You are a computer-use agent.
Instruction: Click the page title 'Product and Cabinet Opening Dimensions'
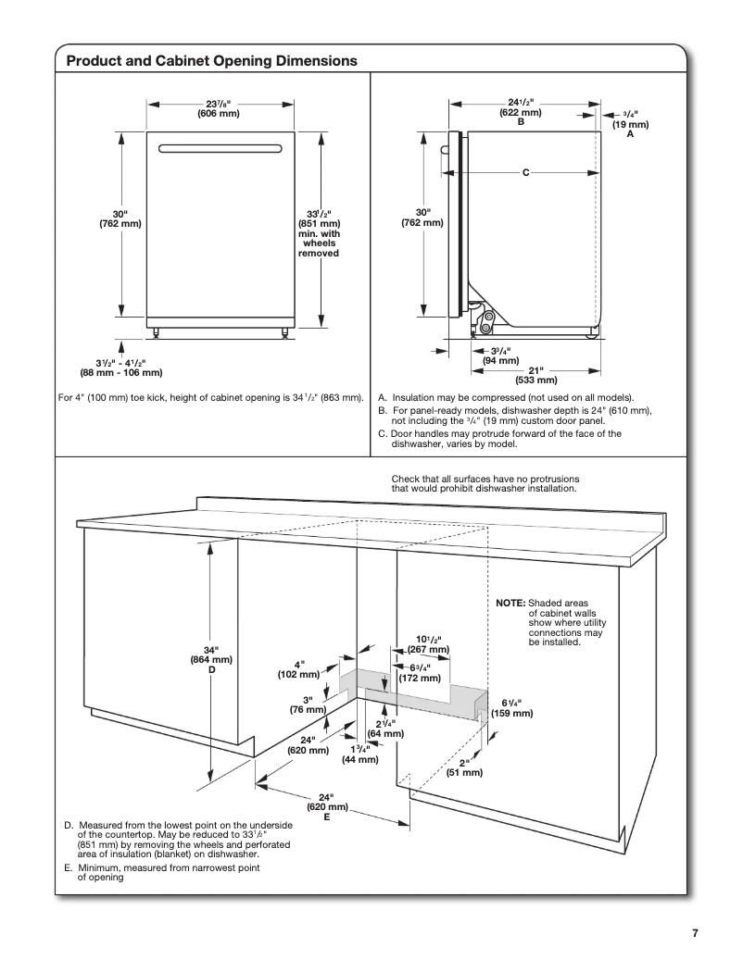click(212, 60)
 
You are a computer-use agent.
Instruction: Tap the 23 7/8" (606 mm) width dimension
click(218, 108)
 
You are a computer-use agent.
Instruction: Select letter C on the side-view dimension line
click(525, 173)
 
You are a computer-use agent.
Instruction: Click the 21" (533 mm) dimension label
click(535, 374)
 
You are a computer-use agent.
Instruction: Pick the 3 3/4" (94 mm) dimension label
click(501, 355)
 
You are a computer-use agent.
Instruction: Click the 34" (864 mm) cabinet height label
click(211, 658)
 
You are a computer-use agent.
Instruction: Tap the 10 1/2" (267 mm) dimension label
click(428, 644)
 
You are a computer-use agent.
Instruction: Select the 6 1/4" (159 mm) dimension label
click(511, 708)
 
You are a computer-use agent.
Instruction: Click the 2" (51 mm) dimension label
click(464, 767)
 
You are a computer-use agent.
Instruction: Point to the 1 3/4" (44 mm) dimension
click(360, 754)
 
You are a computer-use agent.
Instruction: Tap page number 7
click(695, 933)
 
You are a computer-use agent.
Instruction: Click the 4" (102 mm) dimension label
click(298, 669)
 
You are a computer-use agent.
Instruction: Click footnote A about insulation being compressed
click(506, 396)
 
